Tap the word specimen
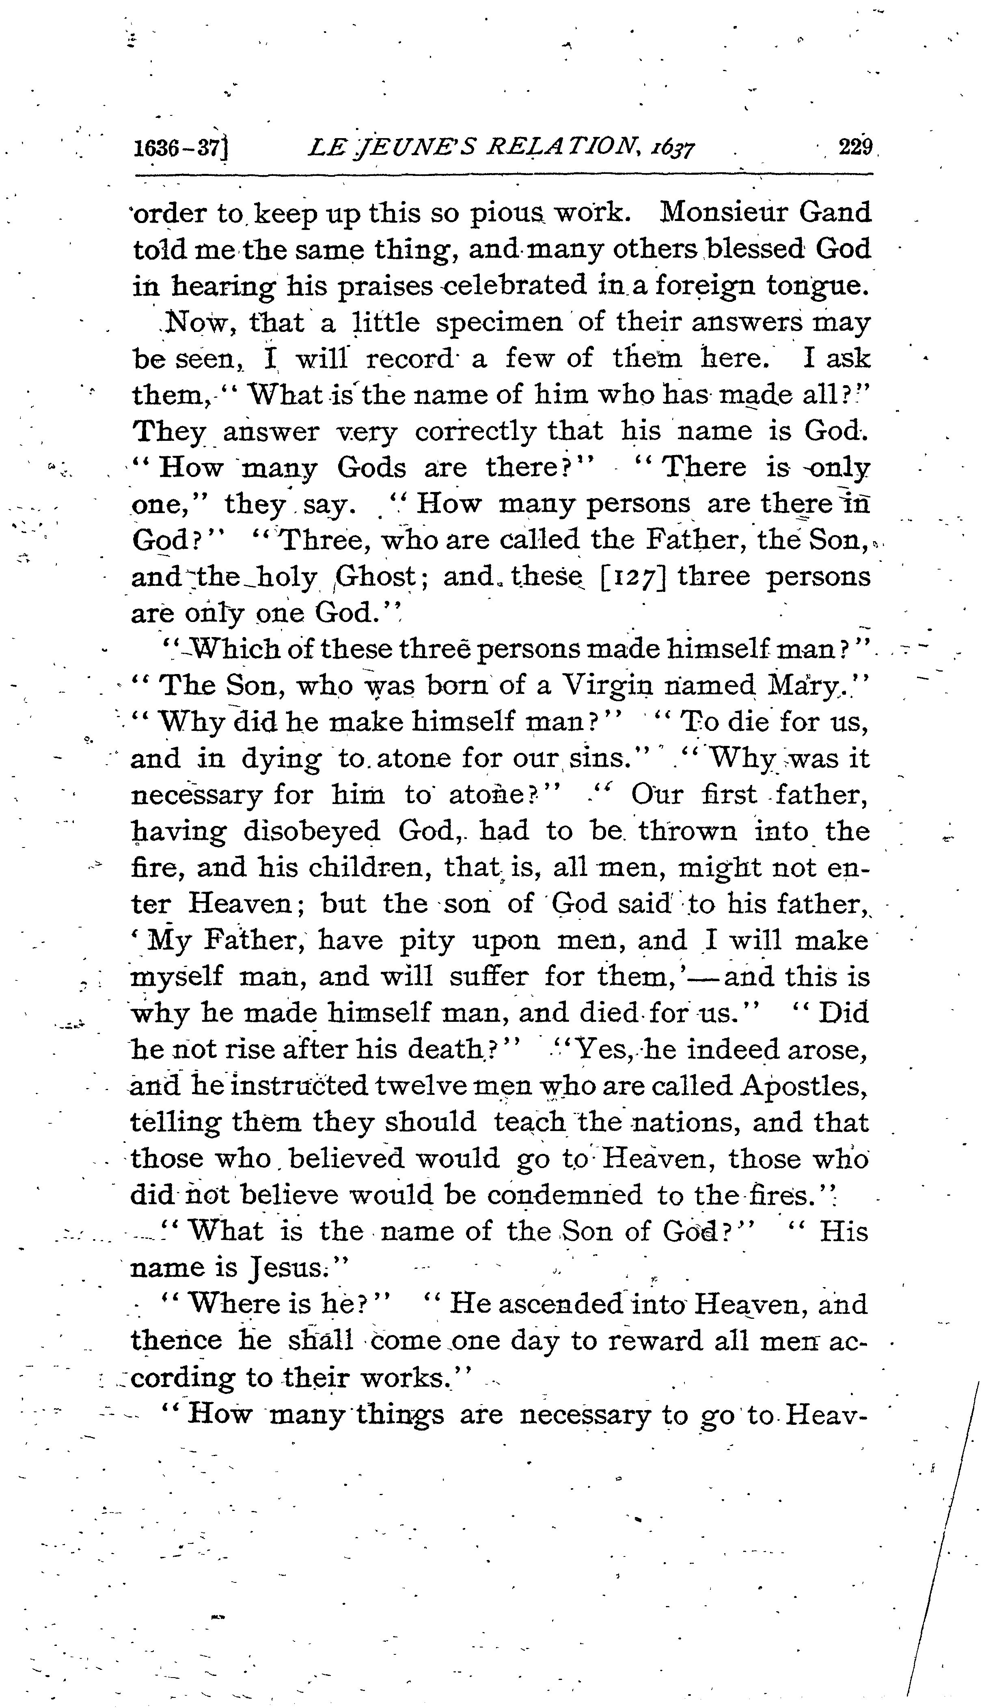(499, 322)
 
